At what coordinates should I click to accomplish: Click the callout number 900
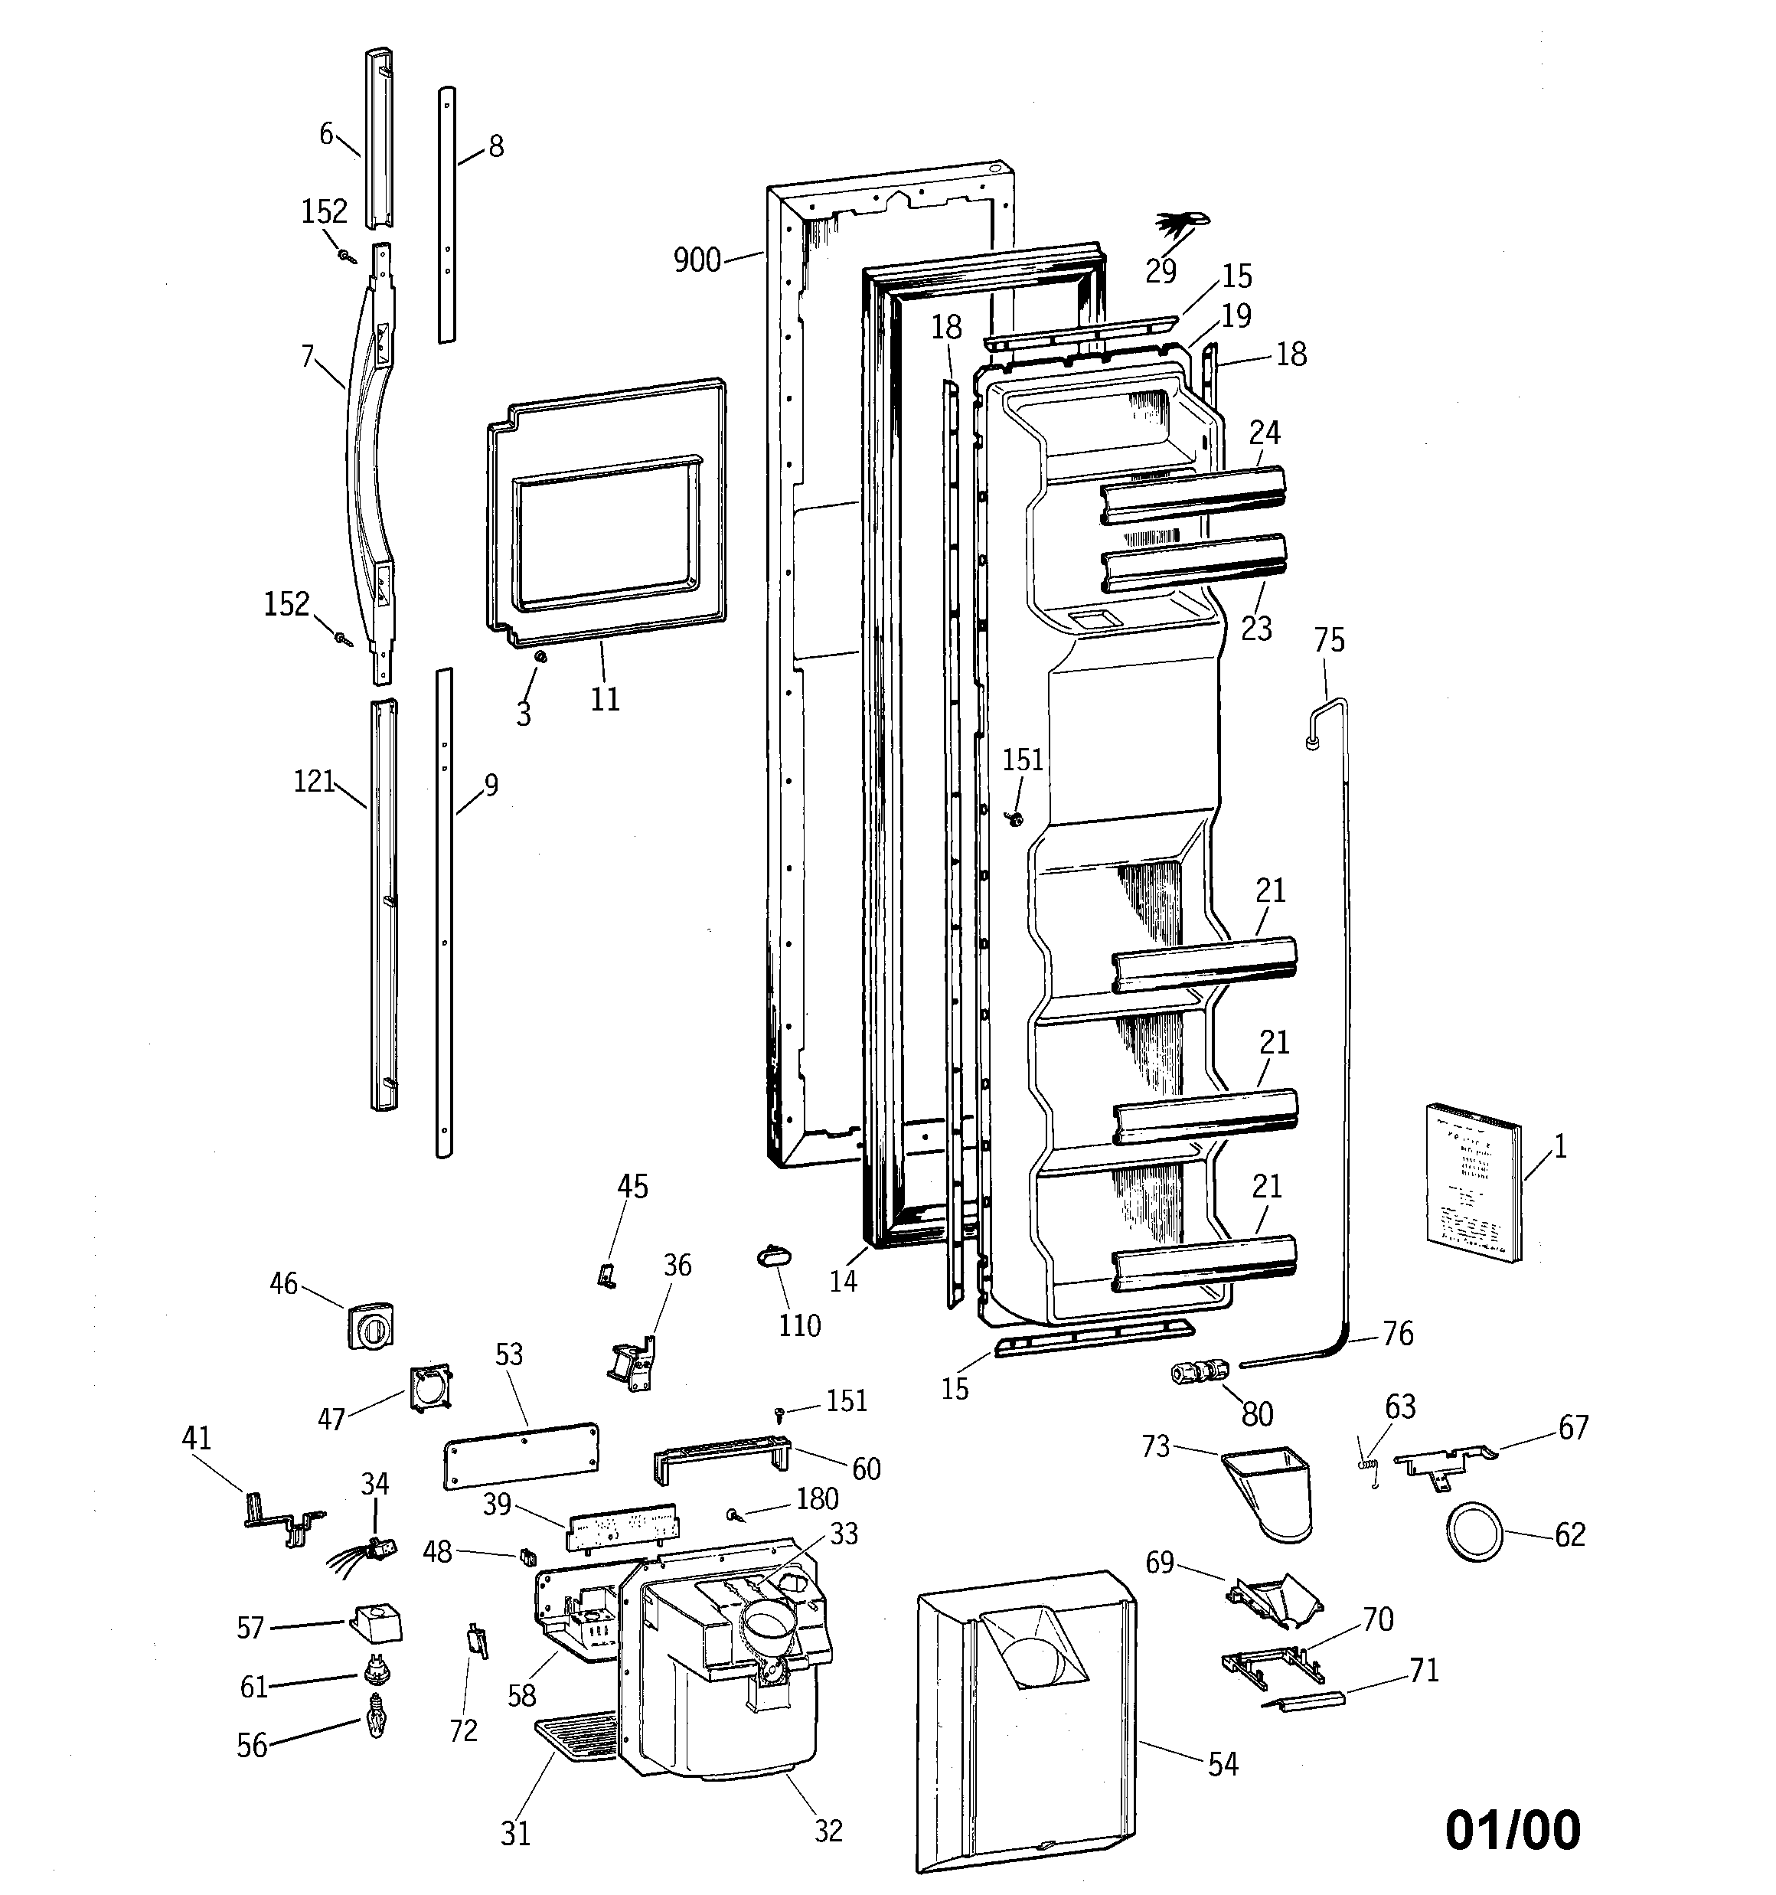click(697, 260)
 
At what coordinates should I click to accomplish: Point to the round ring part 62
click(1474, 1534)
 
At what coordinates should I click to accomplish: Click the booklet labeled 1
click(1473, 1182)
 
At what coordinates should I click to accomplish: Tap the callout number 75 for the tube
click(1329, 639)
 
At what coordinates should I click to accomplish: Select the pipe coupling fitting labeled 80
click(1200, 1373)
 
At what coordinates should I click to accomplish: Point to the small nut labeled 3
click(540, 657)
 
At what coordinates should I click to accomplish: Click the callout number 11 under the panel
click(605, 699)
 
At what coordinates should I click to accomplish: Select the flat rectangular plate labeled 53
click(521, 1455)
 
